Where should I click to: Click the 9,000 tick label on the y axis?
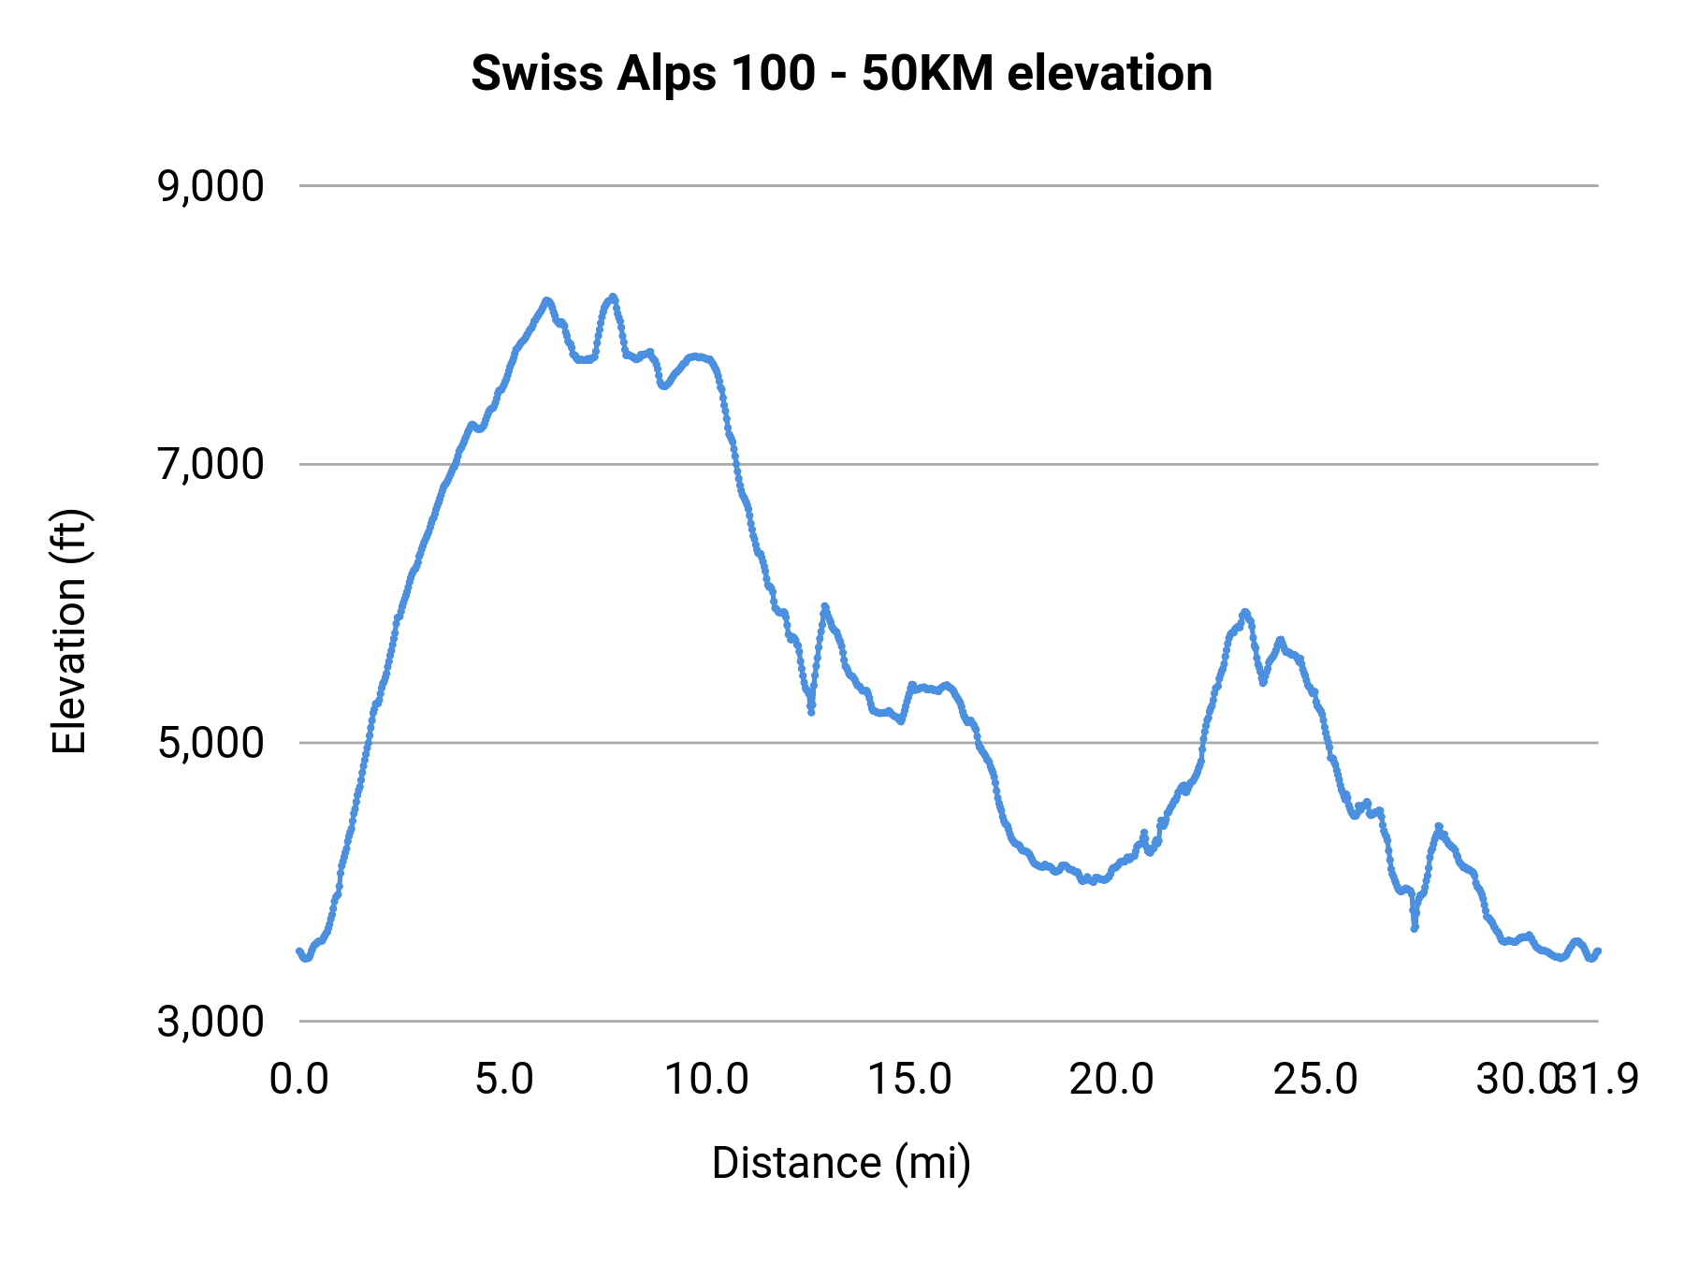pos(210,186)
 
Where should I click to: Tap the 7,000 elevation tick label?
pos(210,464)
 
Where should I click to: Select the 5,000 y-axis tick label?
pos(210,743)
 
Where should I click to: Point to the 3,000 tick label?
pos(210,1021)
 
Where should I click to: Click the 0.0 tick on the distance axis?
pos(299,1080)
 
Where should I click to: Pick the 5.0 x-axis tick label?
pos(503,1080)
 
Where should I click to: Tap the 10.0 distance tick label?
pos(706,1080)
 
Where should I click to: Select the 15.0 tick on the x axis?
pos(909,1080)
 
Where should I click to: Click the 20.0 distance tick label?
pos(1111,1080)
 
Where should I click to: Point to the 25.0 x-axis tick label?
pos(1314,1080)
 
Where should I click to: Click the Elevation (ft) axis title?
pos(69,631)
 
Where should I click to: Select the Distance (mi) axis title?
pos(841,1163)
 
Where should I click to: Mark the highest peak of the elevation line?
pos(613,297)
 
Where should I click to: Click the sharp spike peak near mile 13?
pos(824,606)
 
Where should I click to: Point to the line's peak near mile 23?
pos(1244,612)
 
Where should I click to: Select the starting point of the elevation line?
pos(299,951)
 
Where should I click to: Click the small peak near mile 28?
pos(1439,826)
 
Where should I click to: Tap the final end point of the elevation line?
pos(1598,951)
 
